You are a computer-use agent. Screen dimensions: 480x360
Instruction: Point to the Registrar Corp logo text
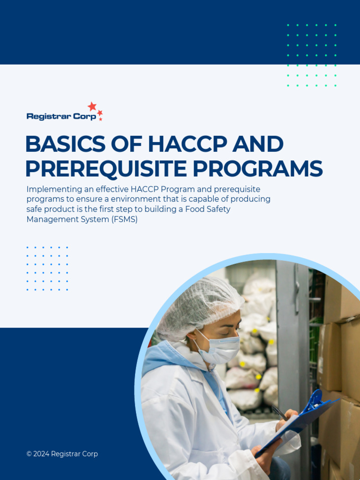click(61, 116)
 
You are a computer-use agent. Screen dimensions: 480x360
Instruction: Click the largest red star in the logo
click(92, 106)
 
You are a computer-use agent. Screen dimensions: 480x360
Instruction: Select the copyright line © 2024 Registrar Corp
click(62, 454)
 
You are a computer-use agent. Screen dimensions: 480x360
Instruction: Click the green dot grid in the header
click(311, 55)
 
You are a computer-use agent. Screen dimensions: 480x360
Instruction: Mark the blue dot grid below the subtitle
click(47, 268)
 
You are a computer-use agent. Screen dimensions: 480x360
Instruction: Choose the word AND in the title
click(261, 144)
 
